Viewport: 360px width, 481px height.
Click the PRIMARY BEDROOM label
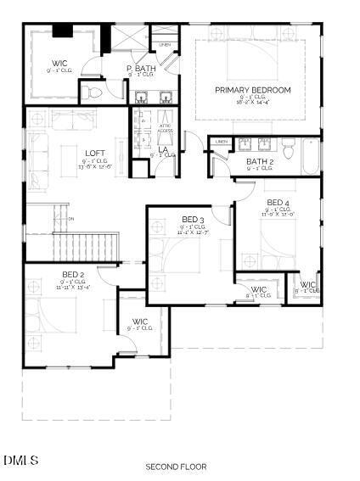click(252, 90)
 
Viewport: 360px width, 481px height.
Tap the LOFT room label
click(95, 154)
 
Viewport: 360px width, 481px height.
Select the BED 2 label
click(73, 274)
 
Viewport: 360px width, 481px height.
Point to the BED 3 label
click(192, 220)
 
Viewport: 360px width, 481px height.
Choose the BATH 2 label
click(260, 161)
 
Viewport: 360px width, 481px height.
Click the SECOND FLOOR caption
click(176, 467)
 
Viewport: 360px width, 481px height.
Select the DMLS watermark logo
click(21, 460)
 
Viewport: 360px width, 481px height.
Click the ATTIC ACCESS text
click(166, 128)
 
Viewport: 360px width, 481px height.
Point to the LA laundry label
click(163, 149)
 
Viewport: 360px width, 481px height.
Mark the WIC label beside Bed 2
click(140, 322)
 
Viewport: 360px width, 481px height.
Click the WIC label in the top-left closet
click(59, 63)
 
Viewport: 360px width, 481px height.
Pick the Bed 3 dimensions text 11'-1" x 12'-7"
click(192, 233)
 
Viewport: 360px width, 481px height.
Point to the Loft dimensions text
click(95, 166)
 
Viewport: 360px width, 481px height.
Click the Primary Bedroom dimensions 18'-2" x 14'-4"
click(252, 104)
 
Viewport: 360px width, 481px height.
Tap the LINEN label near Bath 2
click(222, 142)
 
